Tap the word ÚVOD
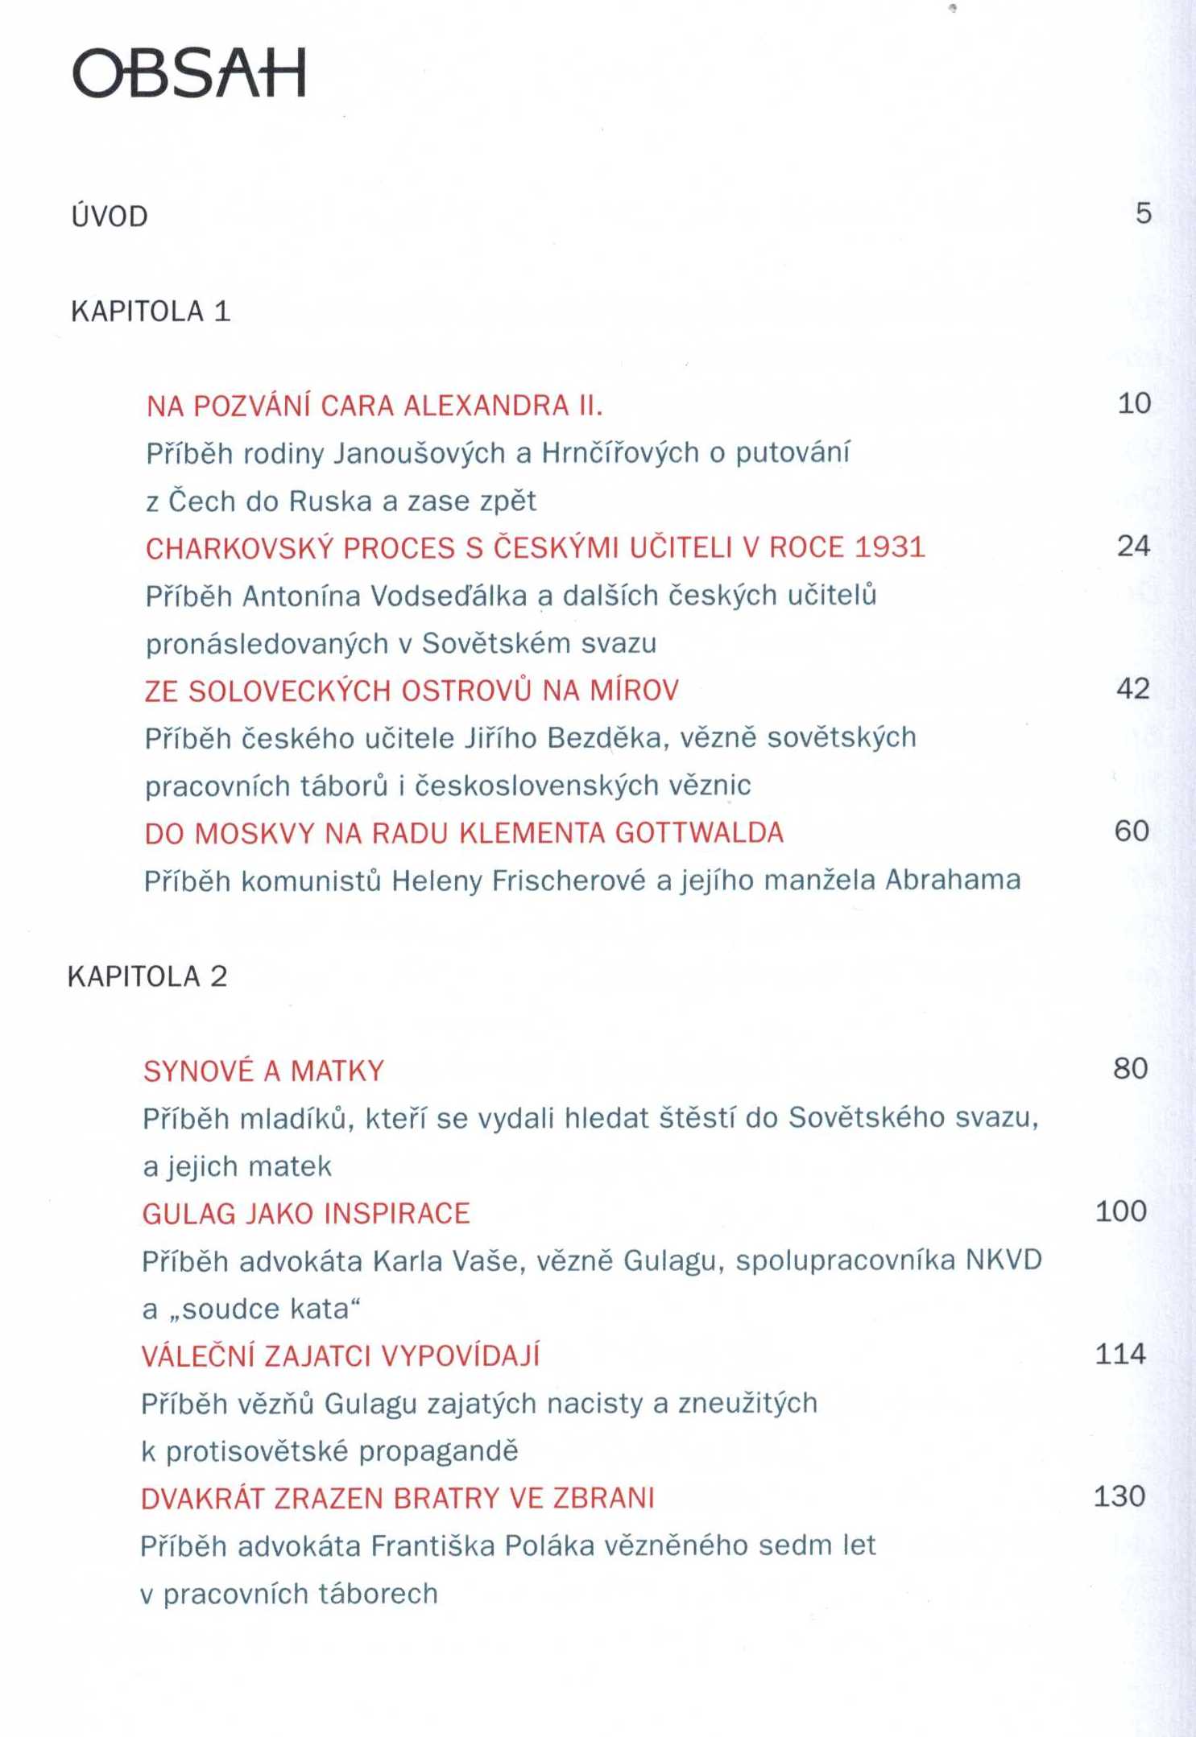pyautogui.click(x=110, y=216)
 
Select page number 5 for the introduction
pyautogui.click(x=1144, y=213)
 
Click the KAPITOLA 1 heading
pyautogui.click(x=151, y=312)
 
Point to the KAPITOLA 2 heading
pyautogui.click(x=147, y=976)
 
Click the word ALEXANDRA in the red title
pyautogui.click(x=486, y=405)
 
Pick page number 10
pyautogui.click(x=1134, y=403)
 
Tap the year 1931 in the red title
pyautogui.click(x=889, y=547)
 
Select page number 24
pyautogui.click(x=1133, y=546)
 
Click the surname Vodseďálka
pyautogui.click(x=449, y=596)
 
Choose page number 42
pyautogui.click(x=1132, y=688)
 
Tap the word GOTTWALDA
pyautogui.click(x=699, y=832)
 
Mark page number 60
pyautogui.click(x=1132, y=831)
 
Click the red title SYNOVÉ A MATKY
pyautogui.click(x=263, y=1071)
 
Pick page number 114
pyautogui.click(x=1120, y=1354)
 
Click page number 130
pyautogui.click(x=1119, y=1496)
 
